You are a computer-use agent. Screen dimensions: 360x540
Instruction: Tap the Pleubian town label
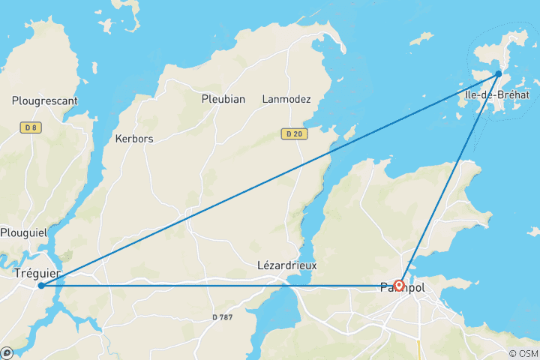[223, 99]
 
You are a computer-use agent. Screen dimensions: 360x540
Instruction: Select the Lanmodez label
[285, 99]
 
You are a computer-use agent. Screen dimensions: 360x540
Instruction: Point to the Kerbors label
[133, 138]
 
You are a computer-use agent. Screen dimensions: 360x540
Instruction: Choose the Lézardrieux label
[287, 265]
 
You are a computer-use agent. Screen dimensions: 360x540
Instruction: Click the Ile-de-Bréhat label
[497, 95]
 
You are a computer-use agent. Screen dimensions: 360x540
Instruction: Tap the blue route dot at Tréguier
[41, 286]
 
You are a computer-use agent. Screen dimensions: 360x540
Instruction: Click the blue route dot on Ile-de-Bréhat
[499, 73]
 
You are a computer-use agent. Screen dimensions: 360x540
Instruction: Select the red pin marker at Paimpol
[399, 284]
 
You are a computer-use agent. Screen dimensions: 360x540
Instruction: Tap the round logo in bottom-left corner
[7, 352]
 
